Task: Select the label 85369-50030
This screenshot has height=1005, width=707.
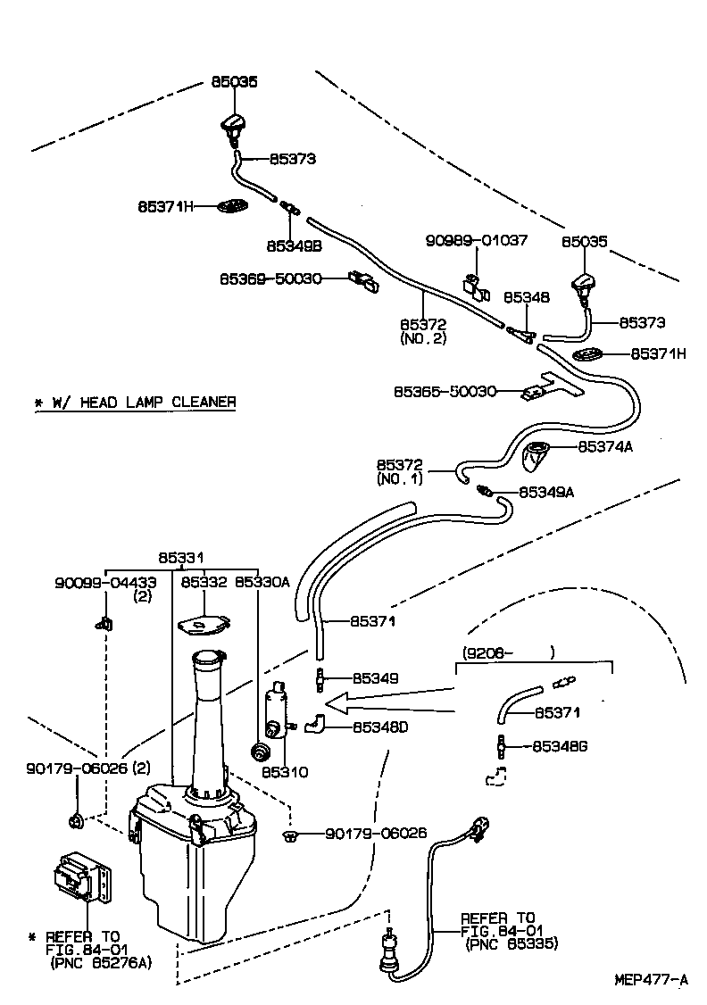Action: tap(270, 279)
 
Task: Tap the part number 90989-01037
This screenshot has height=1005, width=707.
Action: tap(476, 241)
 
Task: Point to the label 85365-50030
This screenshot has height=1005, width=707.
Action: tap(445, 391)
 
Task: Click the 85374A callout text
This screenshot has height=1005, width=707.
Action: tap(604, 446)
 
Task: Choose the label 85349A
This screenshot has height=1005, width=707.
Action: tap(545, 492)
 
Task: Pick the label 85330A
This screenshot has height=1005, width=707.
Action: tap(262, 582)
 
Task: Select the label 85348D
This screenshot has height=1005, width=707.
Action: tap(379, 727)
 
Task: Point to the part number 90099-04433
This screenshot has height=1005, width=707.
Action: tap(105, 582)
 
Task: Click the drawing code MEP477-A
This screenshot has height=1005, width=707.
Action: tap(651, 979)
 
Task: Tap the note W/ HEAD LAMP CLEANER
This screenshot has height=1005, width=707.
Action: tap(135, 402)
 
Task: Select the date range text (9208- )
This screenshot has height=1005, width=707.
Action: tap(508, 652)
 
